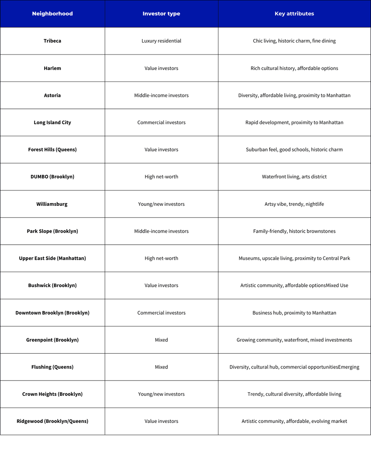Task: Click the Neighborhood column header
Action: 52,14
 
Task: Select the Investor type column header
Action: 161,14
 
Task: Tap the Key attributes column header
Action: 294,14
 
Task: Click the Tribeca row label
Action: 52,41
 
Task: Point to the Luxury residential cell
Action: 161,41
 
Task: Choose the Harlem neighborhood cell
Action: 52,68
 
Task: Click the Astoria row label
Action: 52,95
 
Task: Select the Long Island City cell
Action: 52,123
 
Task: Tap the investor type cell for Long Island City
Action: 161,123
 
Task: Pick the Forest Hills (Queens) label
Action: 52,150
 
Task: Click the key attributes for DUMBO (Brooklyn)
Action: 294,177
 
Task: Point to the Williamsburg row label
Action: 52,204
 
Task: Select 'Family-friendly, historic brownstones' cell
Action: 294,231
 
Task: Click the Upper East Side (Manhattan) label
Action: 52,258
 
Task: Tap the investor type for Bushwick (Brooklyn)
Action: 161,285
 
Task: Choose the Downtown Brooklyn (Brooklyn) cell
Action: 52,313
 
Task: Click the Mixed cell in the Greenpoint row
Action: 161,340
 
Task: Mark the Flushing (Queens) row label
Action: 52,367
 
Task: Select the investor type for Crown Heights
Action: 161,394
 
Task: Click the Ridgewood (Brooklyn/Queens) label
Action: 52,421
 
